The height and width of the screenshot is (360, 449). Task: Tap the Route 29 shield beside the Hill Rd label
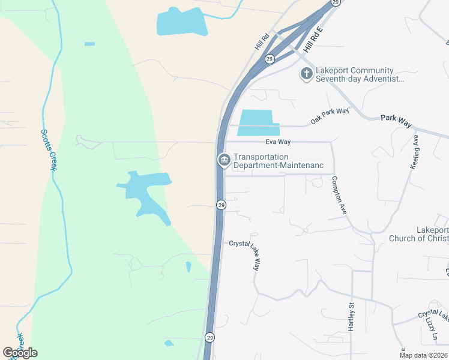point(270,59)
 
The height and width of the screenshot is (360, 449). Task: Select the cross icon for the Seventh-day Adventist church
point(306,74)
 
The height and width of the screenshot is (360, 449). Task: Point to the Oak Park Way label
point(330,116)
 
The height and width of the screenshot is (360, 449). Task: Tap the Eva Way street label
point(278,142)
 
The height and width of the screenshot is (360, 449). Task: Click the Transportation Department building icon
point(224,160)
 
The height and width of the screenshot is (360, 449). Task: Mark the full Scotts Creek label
point(48,149)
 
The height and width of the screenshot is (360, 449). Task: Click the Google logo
point(20,353)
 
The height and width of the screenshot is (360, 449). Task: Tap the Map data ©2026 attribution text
point(423,355)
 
